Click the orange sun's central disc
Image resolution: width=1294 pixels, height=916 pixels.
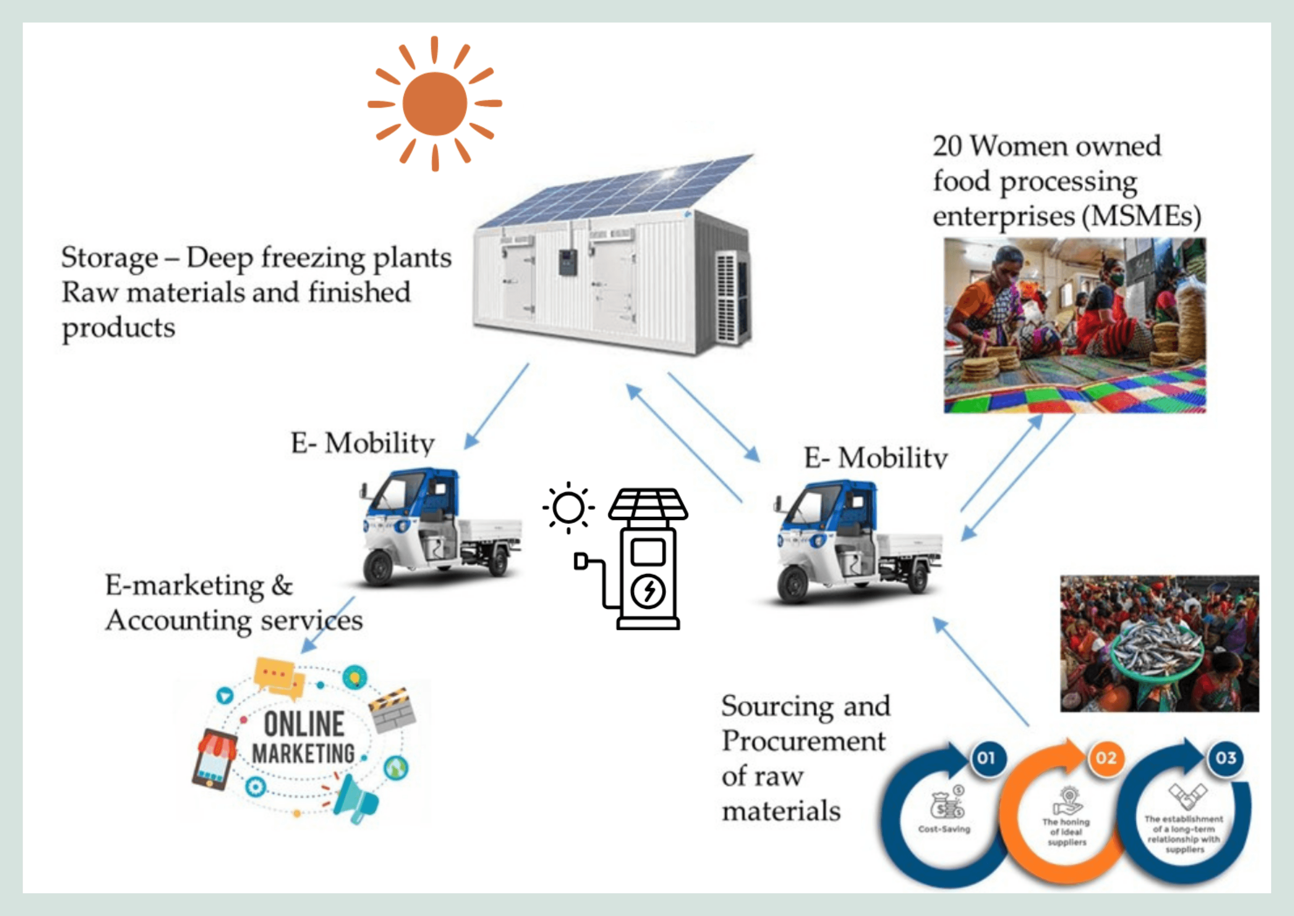435,104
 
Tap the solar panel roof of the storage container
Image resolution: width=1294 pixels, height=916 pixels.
615,192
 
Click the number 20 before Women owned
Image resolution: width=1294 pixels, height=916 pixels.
946,146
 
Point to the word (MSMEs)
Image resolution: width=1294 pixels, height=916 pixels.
1142,217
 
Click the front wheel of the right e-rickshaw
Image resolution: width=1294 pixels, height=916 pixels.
793,585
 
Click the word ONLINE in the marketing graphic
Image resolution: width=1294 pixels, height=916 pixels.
304,725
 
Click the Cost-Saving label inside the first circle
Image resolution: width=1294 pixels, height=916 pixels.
944,829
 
